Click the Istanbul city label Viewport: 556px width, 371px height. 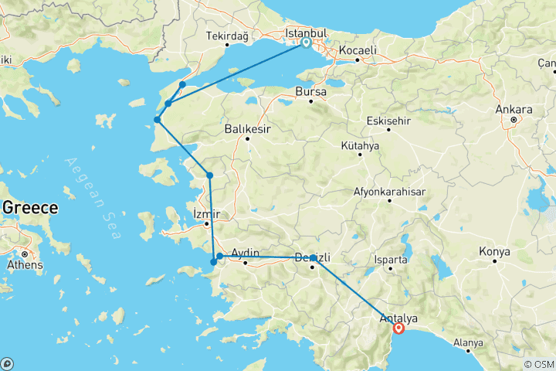tap(307, 34)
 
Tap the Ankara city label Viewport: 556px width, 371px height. tap(516, 109)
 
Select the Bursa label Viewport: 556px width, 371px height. tap(311, 91)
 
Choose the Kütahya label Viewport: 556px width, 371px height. tap(360, 145)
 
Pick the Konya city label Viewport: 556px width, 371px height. tap(494, 251)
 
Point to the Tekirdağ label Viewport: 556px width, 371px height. tap(228, 36)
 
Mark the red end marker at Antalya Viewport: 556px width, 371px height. tap(398, 328)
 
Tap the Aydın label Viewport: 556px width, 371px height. tap(245, 253)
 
